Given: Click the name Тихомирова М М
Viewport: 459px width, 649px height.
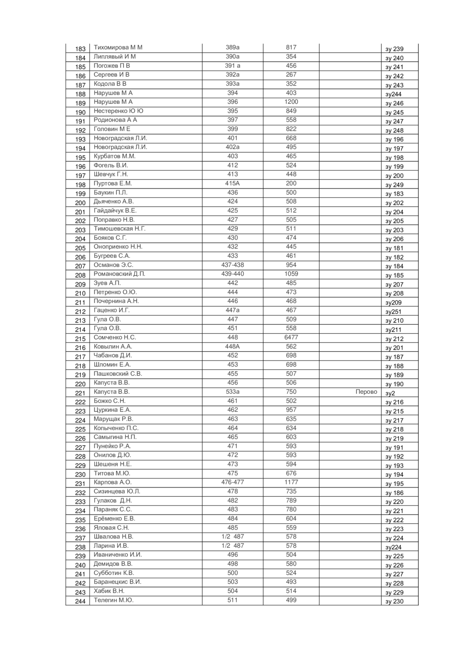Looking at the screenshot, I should tap(118, 48).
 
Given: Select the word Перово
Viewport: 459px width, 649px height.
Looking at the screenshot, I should tap(366, 392).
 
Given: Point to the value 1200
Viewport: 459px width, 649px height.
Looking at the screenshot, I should tap(291, 102).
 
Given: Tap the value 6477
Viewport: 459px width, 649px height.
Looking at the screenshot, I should tap(291, 337).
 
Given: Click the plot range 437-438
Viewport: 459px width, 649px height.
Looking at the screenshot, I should tap(232, 265).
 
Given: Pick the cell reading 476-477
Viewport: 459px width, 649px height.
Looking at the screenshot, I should tap(232, 482).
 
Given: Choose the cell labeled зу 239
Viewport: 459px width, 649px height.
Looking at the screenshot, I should tap(395, 49).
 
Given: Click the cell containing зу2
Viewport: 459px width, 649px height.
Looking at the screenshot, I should tap(390, 393).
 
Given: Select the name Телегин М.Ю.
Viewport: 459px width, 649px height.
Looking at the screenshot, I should tap(114, 600).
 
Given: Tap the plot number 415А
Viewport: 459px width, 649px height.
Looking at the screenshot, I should tap(232, 183).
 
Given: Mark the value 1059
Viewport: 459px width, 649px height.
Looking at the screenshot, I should tap(291, 274).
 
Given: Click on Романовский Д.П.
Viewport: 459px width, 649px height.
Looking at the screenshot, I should tap(119, 274).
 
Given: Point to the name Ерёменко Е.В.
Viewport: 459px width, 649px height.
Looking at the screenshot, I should tap(115, 519).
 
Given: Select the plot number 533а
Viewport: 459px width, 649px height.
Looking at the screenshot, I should tap(232, 392).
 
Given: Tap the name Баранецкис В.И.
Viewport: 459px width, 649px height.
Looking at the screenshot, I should tap(118, 582).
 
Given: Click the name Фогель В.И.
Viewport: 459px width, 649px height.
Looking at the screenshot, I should tap(111, 165).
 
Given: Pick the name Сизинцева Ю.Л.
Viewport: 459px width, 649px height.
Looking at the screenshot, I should tap(117, 492).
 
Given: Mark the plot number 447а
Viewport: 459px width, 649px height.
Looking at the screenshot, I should tap(232, 310).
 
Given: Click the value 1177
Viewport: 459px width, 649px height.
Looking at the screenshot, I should tap(291, 482).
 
